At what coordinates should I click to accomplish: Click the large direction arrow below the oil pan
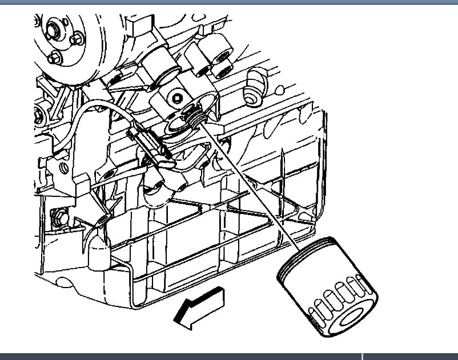pos(200,308)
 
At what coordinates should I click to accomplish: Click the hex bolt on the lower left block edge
pos(59,217)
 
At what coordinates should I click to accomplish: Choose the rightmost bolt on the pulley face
pos(77,39)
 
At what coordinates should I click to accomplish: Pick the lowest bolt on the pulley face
pos(55,58)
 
